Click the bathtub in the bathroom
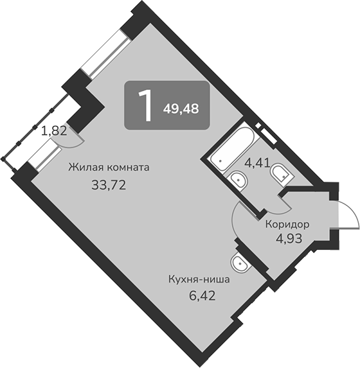pyautogui.click(x=232, y=146)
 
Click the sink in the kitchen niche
pyautogui.click(x=239, y=262)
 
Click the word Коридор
pyautogui.click(x=287, y=225)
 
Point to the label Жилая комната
pyautogui.click(x=109, y=168)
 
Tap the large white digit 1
pyautogui.click(x=146, y=106)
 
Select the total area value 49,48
pyautogui.click(x=181, y=109)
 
